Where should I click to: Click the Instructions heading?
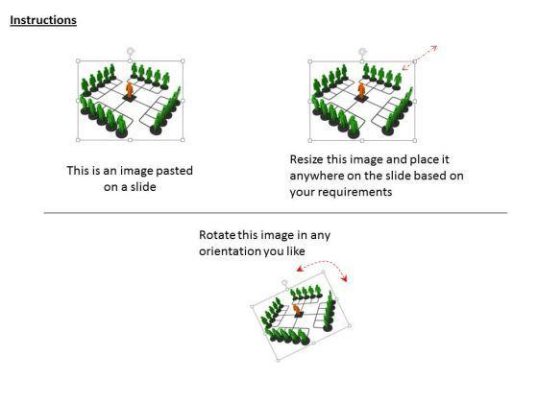tap(43, 19)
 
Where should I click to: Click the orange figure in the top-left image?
tap(130, 91)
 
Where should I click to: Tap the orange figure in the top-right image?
tap(362, 91)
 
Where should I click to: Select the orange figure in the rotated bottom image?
tap(298, 312)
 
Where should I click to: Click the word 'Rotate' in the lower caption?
tap(218, 235)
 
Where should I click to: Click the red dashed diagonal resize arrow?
tap(420, 58)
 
